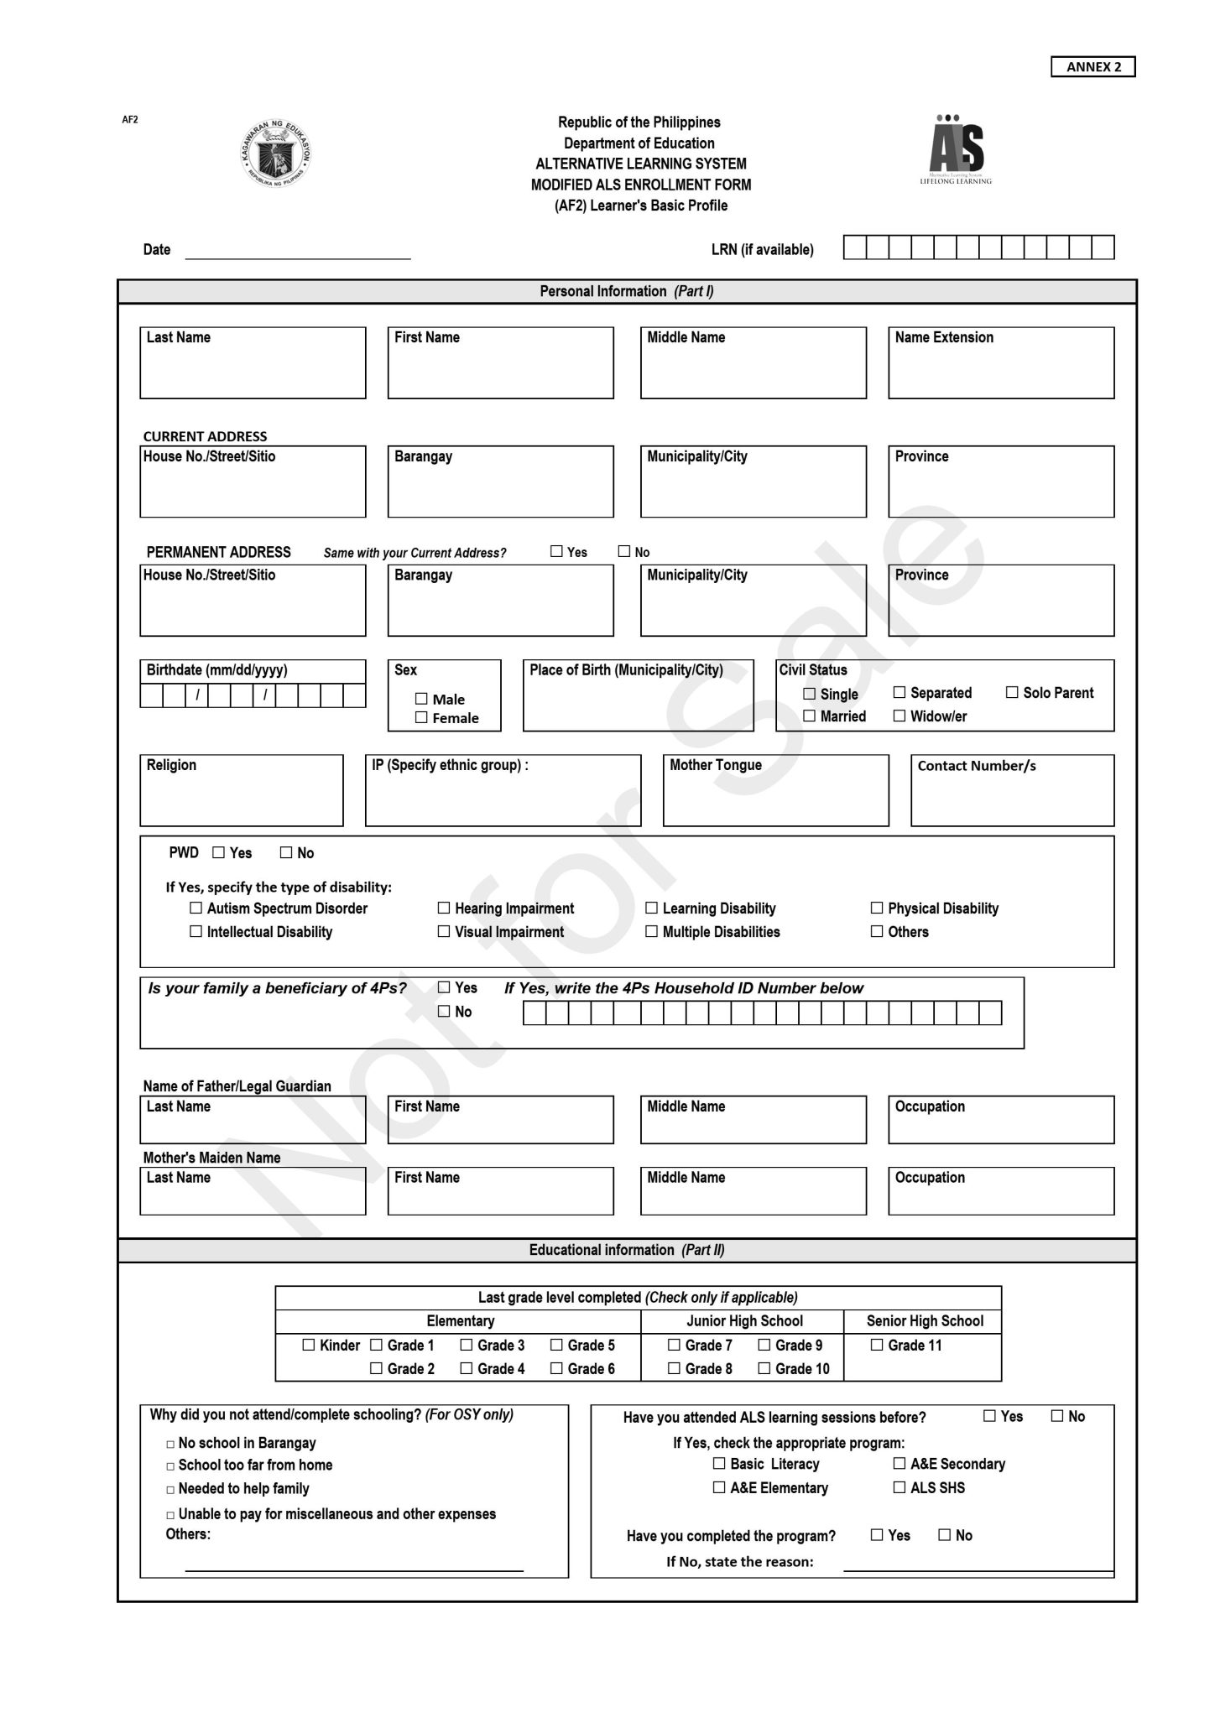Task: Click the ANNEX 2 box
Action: tap(1092, 67)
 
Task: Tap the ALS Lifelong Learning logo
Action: tap(956, 149)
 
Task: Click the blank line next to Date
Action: tap(298, 250)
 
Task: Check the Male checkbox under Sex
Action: tap(421, 699)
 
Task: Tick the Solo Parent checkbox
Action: tap(1012, 692)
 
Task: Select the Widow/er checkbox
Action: tap(899, 716)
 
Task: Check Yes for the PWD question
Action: tap(219, 852)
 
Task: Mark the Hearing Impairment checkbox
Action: tap(444, 908)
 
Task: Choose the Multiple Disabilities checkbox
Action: tap(651, 931)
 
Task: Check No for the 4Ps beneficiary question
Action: tap(444, 1012)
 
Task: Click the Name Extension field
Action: tap(1001, 370)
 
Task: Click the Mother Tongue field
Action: tap(775, 797)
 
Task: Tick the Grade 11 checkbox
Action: tap(877, 1345)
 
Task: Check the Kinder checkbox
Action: tap(309, 1345)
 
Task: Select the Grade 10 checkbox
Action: tap(764, 1368)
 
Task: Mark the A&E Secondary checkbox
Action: tap(899, 1463)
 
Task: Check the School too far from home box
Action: tap(170, 1466)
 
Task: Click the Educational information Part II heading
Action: tap(627, 1250)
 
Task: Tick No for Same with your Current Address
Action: tap(623, 551)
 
